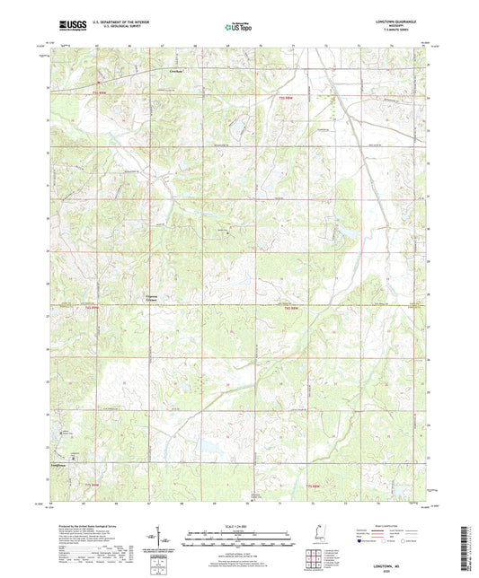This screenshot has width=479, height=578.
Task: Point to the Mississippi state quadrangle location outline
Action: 322,536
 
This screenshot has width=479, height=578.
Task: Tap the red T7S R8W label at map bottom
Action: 310,486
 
